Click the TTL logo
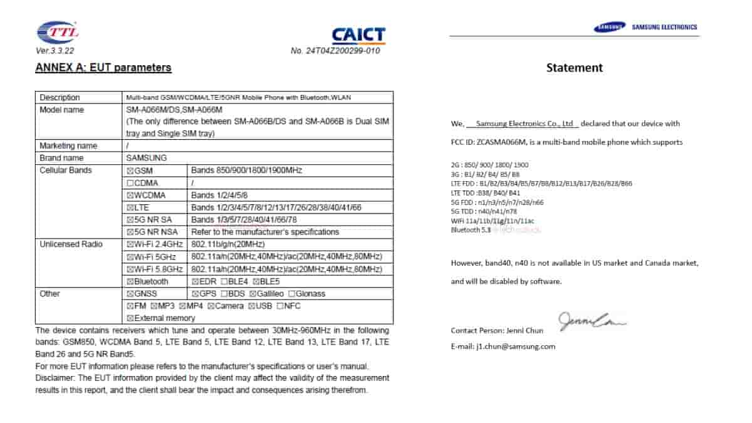click(x=58, y=32)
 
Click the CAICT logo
click(x=358, y=35)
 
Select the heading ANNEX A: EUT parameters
click(x=103, y=68)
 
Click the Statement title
click(x=574, y=68)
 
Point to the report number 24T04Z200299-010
click(x=335, y=51)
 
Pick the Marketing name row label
click(x=68, y=145)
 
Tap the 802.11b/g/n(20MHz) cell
click(x=227, y=244)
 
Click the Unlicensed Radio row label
click(x=71, y=244)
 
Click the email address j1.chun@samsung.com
click(x=514, y=346)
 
